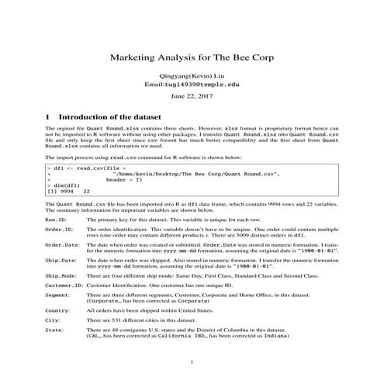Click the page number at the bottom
coord(192,363)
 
